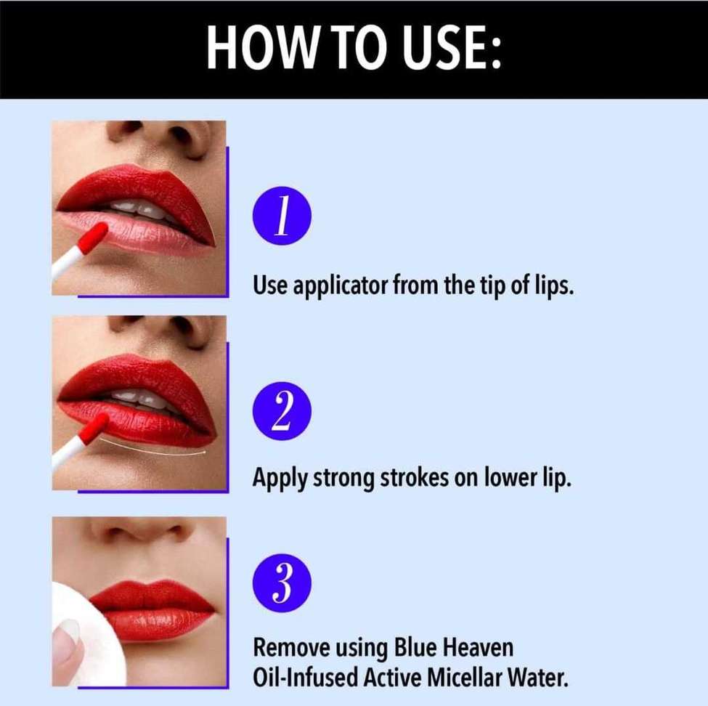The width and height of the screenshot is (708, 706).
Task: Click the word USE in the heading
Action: (443, 49)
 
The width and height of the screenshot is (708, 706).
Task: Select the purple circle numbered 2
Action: (282, 411)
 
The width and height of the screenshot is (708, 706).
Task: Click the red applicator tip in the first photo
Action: (93, 238)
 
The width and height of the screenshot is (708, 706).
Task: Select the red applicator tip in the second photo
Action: (93, 429)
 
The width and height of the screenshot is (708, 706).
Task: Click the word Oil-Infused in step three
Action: (299, 679)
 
